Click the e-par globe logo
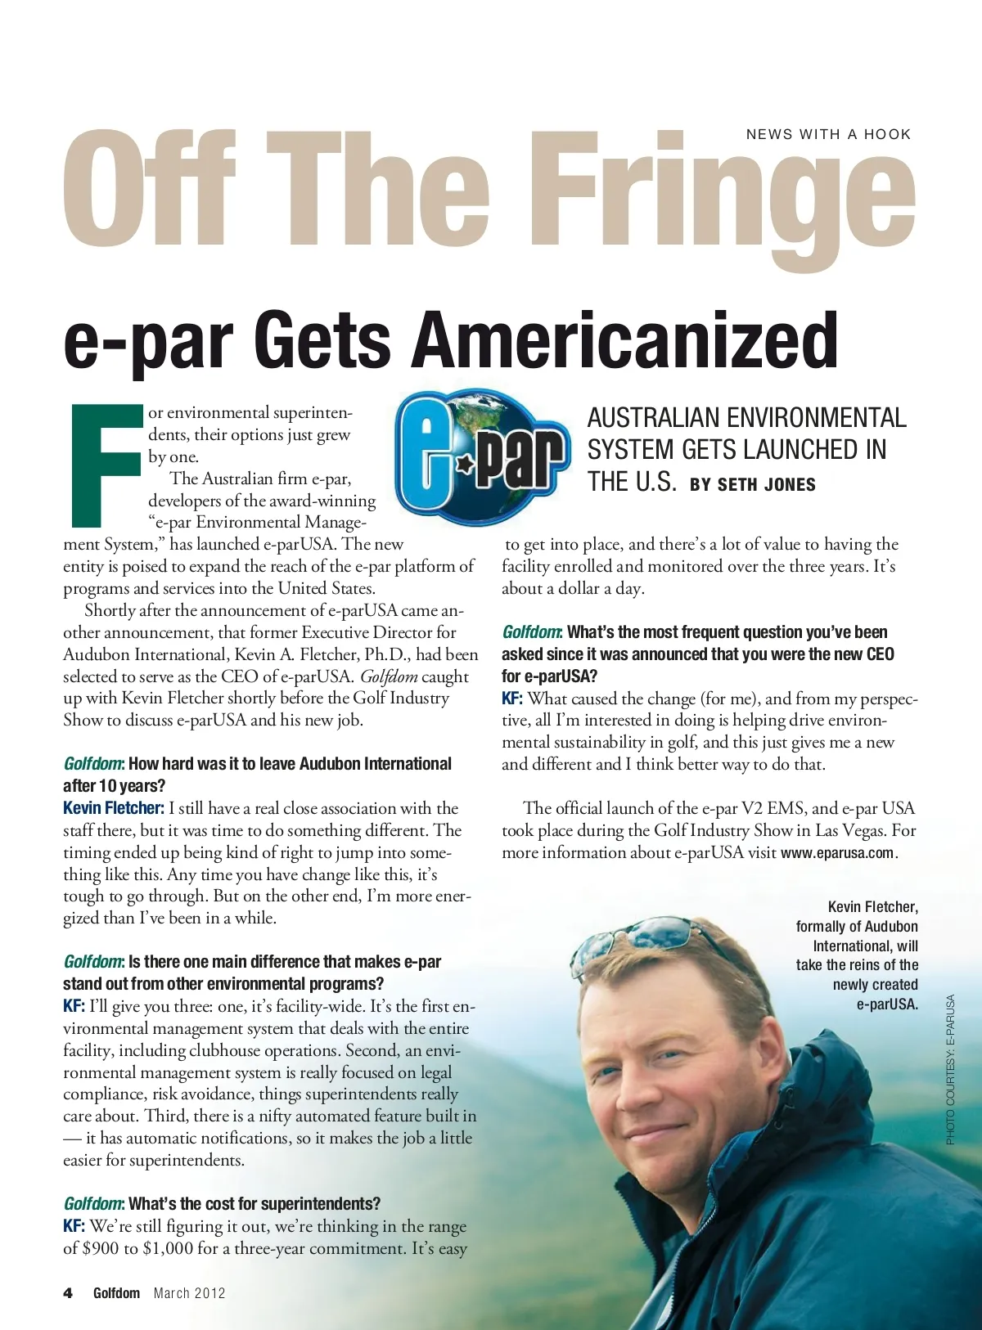[483, 458]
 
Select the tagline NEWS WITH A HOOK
[828, 134]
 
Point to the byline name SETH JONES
[767, 484]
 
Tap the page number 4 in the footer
[68, 1293]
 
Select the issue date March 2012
[189, 1293]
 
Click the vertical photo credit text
[950, 1069]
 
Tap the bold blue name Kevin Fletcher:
[114, 808]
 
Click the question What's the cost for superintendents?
[254, 1204]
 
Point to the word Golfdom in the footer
[116, 1293]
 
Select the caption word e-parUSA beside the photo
[887, 1004]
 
